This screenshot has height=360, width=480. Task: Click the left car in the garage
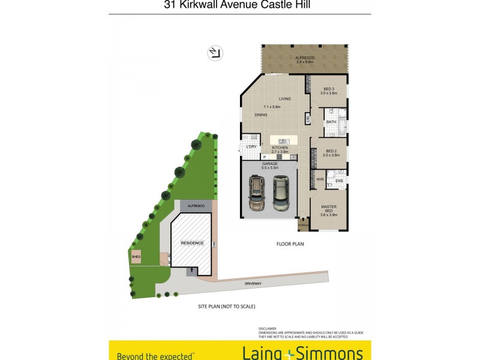pyautogui.click(x=257, y=192)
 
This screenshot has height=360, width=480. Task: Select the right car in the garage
pyautogui.click(x=280, y=192)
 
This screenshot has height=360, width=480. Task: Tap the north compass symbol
pyautogui.click(x=215, y=53)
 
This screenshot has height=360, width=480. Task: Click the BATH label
pyautogui.click(x=331, y=122)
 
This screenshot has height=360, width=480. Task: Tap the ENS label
pyautogui.click(x=339, y=180)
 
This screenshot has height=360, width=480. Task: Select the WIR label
pyautogui.click(x=320, y=179)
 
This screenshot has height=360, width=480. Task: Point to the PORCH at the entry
pyautogui.click(x=302, y=226)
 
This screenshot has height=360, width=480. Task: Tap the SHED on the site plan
pyautogui.click(x=136, y=257)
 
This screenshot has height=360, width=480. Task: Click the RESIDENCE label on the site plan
pyautogui.click(x=192, y=243)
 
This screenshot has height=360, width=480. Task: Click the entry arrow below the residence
pyautogui.click(x=191, y=271)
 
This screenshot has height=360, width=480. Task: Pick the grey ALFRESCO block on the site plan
pyautogui.click(x=196, y=206)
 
